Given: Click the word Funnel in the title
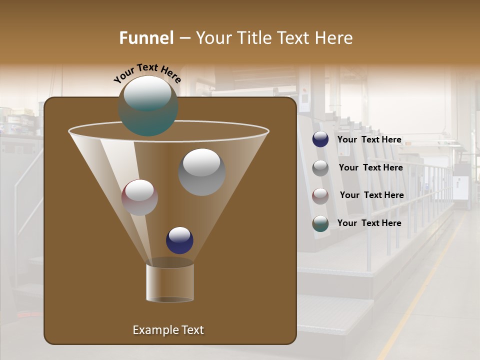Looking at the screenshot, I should click(146, 38).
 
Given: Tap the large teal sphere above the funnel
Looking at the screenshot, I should click(148, 106).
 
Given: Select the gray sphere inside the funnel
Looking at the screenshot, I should click(201, 172).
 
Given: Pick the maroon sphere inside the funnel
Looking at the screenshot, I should click(139, 197).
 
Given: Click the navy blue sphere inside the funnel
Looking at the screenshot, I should click(179, 240).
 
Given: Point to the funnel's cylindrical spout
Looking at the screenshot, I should click(170, 282).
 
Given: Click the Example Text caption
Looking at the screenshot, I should click(168, 330).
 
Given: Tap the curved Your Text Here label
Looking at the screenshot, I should click(147, 73).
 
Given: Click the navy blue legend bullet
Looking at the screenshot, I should click(320, 139).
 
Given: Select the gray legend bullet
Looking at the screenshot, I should click(320, 167).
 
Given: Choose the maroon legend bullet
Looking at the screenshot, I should click(320, 195).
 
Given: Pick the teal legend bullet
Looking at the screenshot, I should click(320, 223).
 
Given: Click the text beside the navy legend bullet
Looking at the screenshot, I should click(369, 139).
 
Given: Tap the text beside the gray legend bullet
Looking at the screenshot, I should click(370, 167).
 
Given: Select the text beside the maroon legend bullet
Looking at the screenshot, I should click(371, 195).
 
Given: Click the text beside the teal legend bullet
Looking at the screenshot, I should click(369, 223).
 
